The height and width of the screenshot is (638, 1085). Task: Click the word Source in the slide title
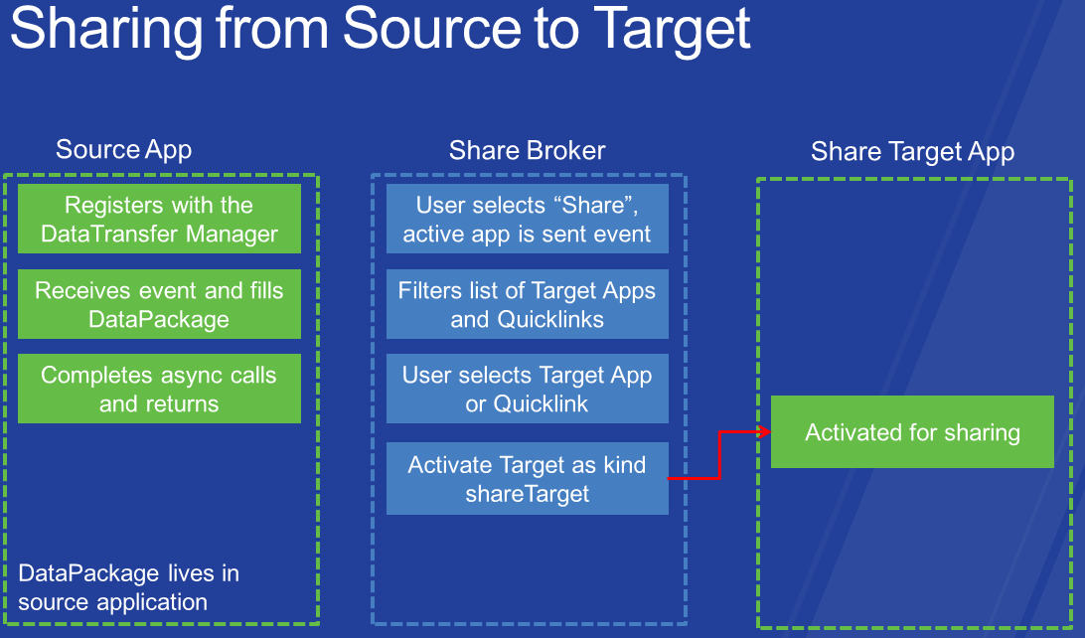[x=432, y=29]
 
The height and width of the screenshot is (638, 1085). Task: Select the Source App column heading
[x=124, y=150]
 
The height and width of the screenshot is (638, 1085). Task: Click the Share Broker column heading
[x=528, y=150]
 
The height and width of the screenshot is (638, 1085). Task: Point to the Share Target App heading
[x=913, y=152]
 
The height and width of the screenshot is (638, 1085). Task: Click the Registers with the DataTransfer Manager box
[x=159, y=219]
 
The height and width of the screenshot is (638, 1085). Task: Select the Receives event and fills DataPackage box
[x=159, y=304]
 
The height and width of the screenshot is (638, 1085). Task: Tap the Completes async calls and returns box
[x=159, y=389]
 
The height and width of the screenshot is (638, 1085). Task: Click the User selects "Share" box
[x=528, y=219]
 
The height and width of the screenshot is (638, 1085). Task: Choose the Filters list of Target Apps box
[x=528, y=304]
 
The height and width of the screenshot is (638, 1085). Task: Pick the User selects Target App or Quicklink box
[x=528, y=389]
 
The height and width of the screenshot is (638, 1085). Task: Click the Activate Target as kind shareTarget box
[x=528, y=478]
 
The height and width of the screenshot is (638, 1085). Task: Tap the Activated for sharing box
[x=913, y=431]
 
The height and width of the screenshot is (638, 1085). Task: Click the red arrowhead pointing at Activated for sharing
[x=765, y=432]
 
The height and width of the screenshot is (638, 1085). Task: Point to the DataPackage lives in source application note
[x=129, y=587]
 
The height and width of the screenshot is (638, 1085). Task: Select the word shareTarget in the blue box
[x=528, y=494]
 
